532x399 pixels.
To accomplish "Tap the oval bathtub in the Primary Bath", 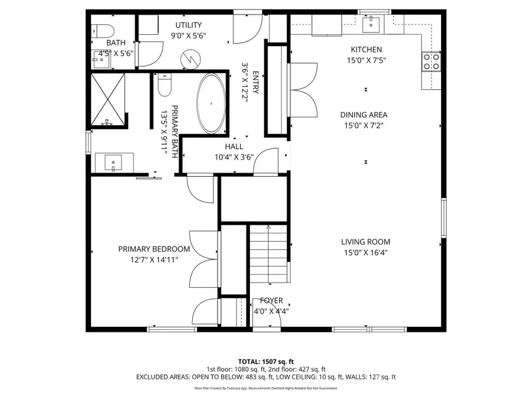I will coord(211,103).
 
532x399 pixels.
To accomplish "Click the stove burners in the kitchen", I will coord(431,61).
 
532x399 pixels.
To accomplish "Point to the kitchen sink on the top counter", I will coord(372,24).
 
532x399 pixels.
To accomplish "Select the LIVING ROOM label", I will coord(365,242).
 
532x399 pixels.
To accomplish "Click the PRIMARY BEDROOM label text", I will coord(154,249).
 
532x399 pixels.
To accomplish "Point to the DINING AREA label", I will coord(364,115).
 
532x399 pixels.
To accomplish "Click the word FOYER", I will coord(271,301).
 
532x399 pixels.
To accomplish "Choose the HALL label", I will coord(233,147).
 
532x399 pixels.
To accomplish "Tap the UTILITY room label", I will coord(189,25).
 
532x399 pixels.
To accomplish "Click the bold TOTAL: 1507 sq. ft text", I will coord(265,361).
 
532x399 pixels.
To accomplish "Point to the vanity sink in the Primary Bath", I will coord(113,162).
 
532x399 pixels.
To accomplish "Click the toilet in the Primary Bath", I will coord(164,85).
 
